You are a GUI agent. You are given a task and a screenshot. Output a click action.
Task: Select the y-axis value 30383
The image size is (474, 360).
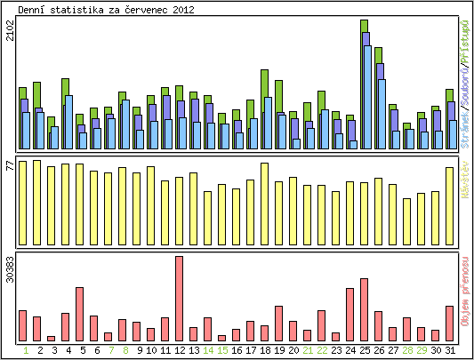(10, 270)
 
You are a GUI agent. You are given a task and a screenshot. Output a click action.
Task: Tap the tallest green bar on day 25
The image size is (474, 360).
(364, 26)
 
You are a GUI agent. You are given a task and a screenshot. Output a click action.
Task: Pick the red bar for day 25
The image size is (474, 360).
(364, 309)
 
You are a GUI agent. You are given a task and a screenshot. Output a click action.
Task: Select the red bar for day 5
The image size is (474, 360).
(79, 314)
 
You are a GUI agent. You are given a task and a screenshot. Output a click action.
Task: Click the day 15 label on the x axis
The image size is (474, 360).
(221, 351)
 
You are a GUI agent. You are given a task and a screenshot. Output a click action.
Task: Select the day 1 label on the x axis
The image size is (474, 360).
(22, 351)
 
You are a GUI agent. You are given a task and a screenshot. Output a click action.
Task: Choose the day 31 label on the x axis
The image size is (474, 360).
(449, 351)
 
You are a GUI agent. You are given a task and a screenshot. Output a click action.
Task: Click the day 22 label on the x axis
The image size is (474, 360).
(321, 351)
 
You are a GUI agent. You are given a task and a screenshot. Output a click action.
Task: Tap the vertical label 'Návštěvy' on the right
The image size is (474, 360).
(465, 204)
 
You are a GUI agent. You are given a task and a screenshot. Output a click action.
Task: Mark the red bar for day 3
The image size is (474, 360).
(51, 339)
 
